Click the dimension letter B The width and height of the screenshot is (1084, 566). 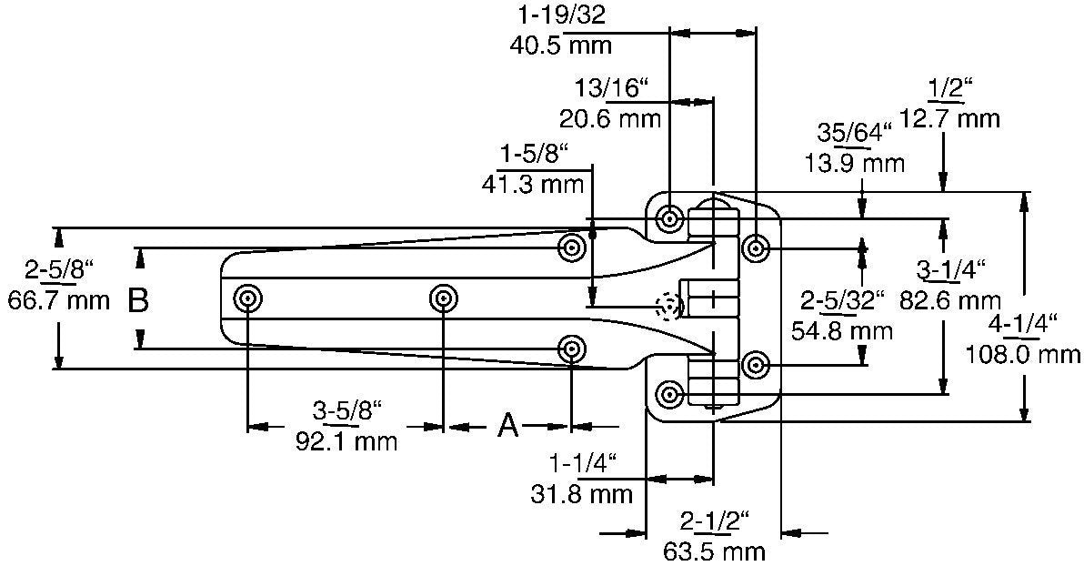point(137,299)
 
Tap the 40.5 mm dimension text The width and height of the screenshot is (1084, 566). point(560,45)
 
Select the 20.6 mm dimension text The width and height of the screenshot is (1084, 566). point(610,118)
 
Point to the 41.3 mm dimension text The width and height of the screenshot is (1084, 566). point(533,184)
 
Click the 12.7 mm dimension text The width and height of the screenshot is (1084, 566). point(949,118)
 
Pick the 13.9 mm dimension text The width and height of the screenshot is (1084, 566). point(855,163)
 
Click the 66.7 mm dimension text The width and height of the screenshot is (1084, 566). point(57,299)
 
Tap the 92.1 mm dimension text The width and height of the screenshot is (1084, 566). point(346,441)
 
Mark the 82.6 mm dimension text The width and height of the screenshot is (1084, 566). point(949,299)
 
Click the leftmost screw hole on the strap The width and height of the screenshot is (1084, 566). point(247,298)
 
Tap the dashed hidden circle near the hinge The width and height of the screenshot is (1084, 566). point(669,307)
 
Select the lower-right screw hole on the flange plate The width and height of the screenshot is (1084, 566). point(755,365)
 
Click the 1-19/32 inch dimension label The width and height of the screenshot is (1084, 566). point(561,15)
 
